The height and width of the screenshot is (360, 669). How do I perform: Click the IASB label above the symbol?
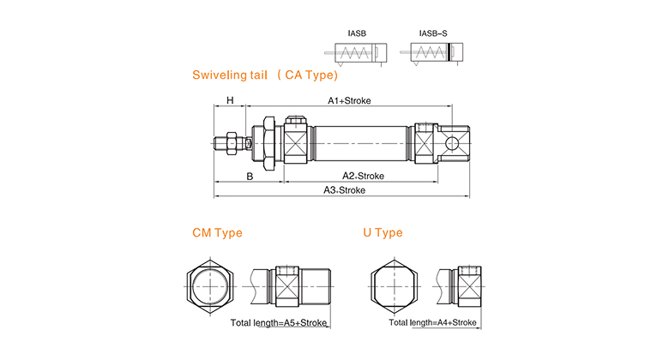click(x=357, y=35)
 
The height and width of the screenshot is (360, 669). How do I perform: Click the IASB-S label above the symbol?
click(x=432, y=35)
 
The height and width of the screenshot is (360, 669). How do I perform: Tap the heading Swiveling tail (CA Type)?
click(x=263, y=75)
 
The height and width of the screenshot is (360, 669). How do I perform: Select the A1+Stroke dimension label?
click(x=349, y=100)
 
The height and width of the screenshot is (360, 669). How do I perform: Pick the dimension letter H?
click(x=230, y=100)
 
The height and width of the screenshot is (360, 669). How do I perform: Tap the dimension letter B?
click(x=250, y=176)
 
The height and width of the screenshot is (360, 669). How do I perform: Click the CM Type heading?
click(x=217, y=232)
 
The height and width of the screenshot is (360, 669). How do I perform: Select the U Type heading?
click(x=383, y=232)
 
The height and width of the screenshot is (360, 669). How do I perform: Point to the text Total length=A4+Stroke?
click(x=432, y=323)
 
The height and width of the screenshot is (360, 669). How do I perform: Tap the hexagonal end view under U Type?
click(x=396, y=285)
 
